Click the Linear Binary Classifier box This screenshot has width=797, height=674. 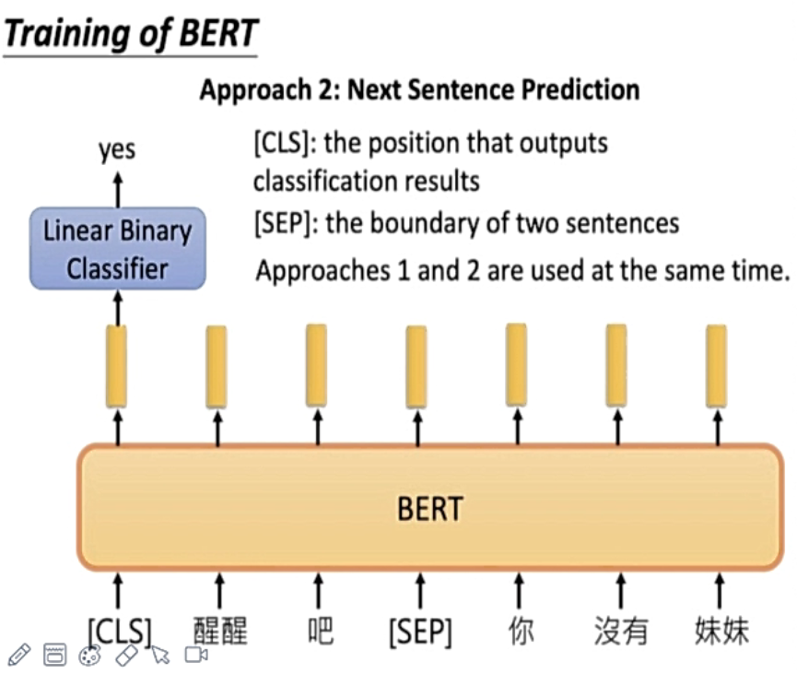(x=117, y=248)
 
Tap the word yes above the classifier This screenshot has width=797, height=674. (x=117, y=149)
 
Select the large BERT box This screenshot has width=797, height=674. (x=429, y=507)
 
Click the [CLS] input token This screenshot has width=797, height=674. (x=119, y=632)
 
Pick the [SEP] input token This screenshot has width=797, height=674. (x=420, y=632)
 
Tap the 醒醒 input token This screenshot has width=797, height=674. (x=220, y=632)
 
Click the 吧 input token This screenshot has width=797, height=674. (x=320, y=632)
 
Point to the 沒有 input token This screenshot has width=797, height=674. (x=621, y=632)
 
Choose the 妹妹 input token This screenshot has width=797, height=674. (x=721, y=632)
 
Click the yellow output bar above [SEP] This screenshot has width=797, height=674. (x=416, y=366)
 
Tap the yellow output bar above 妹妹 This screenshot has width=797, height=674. (x=716, y=365)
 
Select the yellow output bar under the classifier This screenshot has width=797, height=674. (x=117, y=366)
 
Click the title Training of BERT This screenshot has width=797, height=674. (x=130, y=34)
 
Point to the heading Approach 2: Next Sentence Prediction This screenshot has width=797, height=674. (x=419, y=89)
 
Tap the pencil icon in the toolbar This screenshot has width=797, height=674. (x=18, y=655)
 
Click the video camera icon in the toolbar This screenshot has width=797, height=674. (x=195, y=655)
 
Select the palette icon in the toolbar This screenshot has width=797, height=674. (x=89, y=655)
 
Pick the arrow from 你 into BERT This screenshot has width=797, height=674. (x=520, y=589)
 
